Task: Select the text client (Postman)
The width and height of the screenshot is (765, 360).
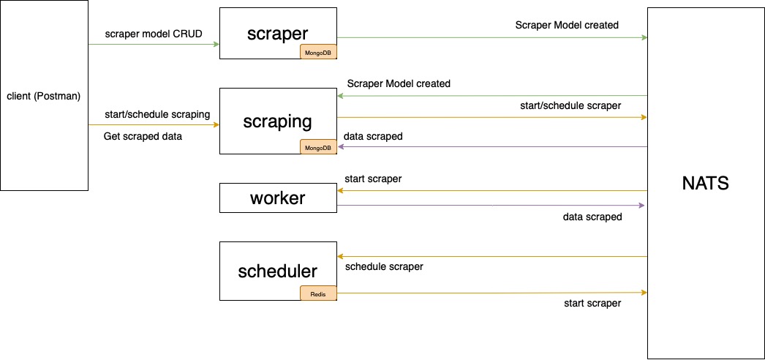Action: (x=43, y=96)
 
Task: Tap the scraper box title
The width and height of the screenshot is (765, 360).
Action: (x=277, y=33)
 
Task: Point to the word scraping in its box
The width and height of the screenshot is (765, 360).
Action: (x=277, y=121)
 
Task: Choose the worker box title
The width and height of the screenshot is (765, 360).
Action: (x=277, y=198)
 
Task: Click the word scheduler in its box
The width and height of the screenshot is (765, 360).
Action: (x=277, y=271)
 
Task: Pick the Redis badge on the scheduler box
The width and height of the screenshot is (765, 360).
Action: (x=318, y=293)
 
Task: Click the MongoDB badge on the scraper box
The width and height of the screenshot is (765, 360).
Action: (x=318, y=52)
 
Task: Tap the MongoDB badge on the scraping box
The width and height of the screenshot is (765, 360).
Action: (x=318, y=147)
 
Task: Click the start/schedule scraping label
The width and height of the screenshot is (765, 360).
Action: (x=157, y=114)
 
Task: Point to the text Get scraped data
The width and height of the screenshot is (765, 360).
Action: (x=143, y=136)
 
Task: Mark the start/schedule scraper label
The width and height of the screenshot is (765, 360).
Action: (x=570, y=105)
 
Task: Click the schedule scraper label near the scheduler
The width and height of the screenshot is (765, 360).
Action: (x=383, y=266)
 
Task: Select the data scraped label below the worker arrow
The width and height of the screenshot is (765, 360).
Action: (x=592, y=217)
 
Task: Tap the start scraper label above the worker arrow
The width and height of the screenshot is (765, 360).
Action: (x=372, y=179)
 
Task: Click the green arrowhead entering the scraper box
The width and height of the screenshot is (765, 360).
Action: (x=216, y=45)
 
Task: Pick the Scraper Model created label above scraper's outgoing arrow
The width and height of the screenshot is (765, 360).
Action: (x=567, y=25)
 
